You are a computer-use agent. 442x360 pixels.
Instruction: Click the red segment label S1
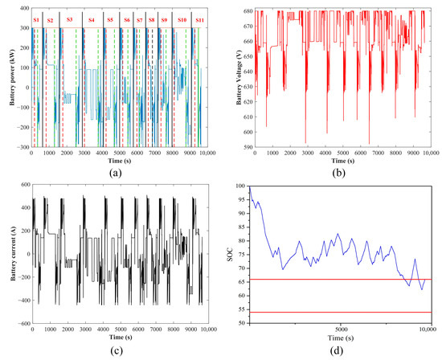pyautogui.click(x=35, y=18)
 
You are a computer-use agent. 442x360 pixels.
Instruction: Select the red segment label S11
pyautogui.click(x=198, y=18)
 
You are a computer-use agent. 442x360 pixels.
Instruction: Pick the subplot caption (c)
pyautogui.click(x=110, y=348)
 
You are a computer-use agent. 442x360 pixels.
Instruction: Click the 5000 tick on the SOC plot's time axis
pyautogui.click(x=341, y=329)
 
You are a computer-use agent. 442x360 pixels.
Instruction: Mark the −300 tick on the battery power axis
pyautogui.click(x=19, y=149)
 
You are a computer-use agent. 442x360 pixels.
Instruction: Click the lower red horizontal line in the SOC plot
pyautogui.click(x=341, y=312)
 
